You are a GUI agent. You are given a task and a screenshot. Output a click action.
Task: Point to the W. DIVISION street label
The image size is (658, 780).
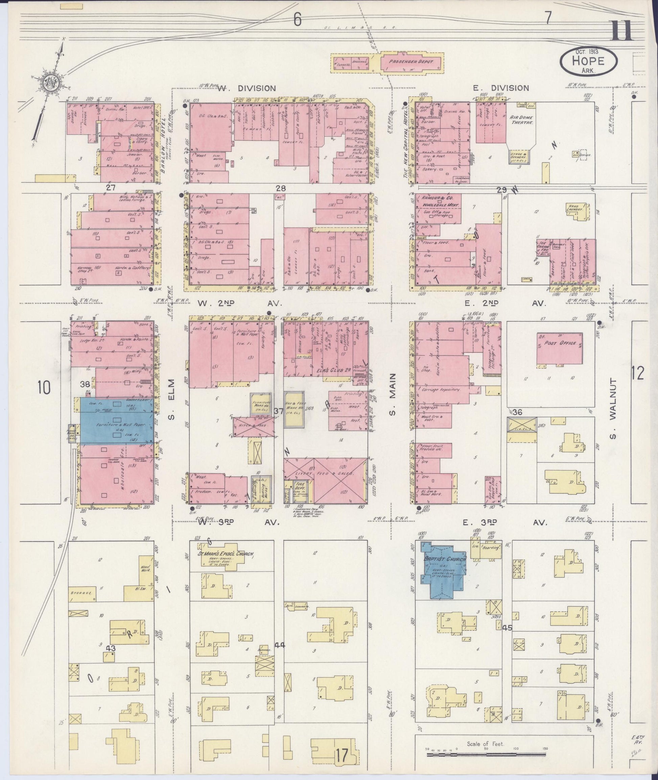click(x=246, y=88)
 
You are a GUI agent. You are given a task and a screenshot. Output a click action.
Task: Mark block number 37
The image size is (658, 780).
click(x=279, y=411)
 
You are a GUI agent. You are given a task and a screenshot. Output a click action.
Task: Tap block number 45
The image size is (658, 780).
click(x=507, y=628)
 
